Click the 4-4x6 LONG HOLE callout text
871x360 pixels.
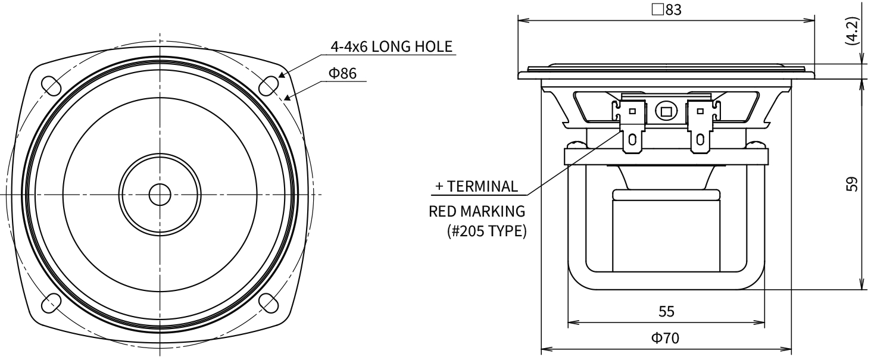[391, 46]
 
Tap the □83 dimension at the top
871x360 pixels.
[666, 11]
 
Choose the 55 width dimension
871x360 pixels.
[666, 311]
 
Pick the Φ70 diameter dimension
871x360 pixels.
[666, 338]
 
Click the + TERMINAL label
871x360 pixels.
[476, 186]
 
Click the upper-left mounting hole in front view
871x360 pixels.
[50, 84]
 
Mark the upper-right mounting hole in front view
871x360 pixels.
[270, 84]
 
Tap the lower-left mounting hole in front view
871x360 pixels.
[50, 303]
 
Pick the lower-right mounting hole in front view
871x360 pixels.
[270, 303]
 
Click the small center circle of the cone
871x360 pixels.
[159, 194]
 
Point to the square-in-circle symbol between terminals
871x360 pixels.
[666, 111]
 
